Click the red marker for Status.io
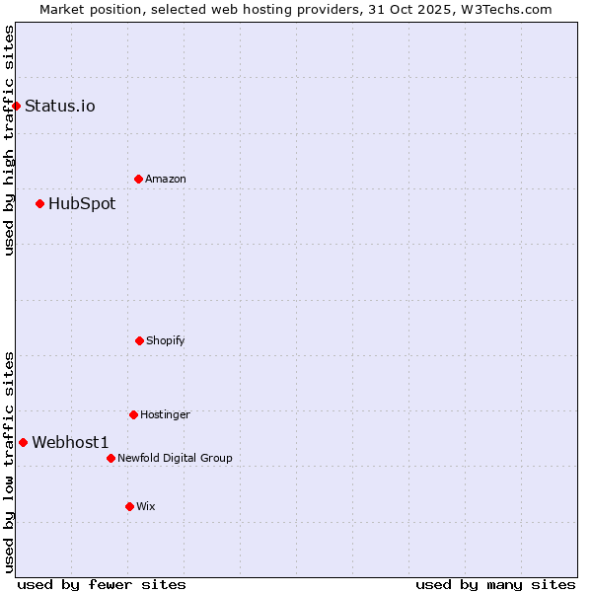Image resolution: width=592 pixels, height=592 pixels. click(16, 106)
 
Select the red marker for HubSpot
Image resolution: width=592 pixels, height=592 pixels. click(39, 203)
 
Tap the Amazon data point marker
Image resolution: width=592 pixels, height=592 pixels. click(138, 179)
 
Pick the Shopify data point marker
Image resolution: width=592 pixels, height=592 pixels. click(139, 340)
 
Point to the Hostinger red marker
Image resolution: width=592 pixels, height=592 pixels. click(133, 414)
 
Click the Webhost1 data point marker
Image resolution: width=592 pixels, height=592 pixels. click(23, 442)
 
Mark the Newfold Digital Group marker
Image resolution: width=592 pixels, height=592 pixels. click(111, 458)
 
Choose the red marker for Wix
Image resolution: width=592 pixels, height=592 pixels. click(129, 506)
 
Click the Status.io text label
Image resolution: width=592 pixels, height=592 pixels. click(60, 106)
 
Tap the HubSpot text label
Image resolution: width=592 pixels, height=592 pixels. click(82, 203)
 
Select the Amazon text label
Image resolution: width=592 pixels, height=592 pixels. click(166, 179)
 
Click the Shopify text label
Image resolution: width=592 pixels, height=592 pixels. click(166, 340)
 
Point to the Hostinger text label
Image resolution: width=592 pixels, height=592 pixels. click(165, 414)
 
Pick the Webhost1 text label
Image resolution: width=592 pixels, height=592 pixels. click(70, 442)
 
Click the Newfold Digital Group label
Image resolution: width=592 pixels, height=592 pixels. click(175, 458)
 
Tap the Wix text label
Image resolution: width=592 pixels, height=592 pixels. click(146, 506)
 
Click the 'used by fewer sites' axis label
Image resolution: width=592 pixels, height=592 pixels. click(102, 584)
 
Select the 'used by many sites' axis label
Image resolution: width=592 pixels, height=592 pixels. click(495, 584)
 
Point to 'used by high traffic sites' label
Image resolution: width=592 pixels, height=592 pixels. click(9, 140)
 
